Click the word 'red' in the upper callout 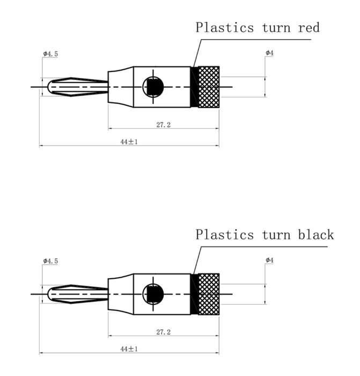tap(308, 27)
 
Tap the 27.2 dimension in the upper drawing tap(163, 125)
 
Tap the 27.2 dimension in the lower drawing tap(163, 332)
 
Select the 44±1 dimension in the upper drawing tap(129, 142)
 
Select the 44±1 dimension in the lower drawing tap(129, 349)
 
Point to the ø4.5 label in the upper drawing tap(50, 54)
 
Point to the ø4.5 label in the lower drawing tap(50, 261)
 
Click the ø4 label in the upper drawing tap(269, 53)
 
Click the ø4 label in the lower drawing tap(269, 260)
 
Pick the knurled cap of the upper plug tap(209, 86)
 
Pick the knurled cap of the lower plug tap(209, 294)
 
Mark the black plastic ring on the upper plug tap(194, 86)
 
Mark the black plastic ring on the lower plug tap(194, 294)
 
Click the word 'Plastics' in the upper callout tap(224, 27)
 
